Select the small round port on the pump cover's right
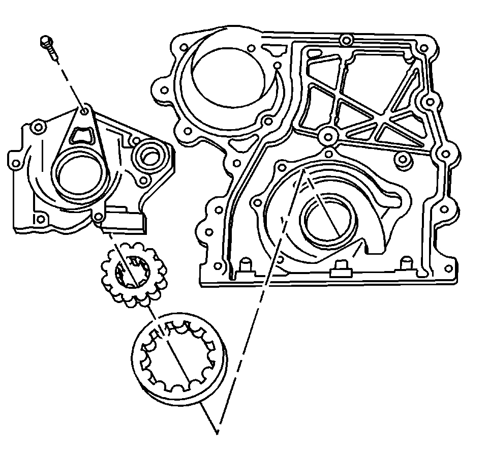pyautogui.click(x=149, y=156)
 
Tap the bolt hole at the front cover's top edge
pyautogui.click(x=346, y=40)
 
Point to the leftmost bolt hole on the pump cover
pyautogui.click(x=16, y=163)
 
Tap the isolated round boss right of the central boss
pyautogui.click(x=404, y=160)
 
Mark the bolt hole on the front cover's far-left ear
pyautogui.click(x=164, y=90)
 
